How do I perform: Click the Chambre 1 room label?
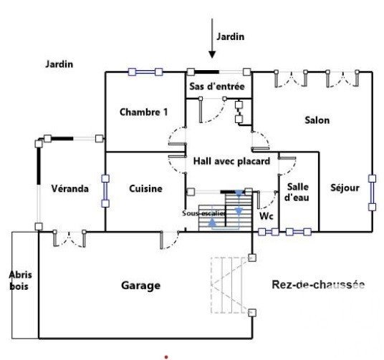pos(144,112)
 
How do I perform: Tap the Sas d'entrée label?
pos(217,87)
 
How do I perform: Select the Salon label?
pos(317,120)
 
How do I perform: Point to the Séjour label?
pos(345,188)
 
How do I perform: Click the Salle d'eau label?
pos(297,192)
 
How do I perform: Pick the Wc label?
pos(267,216)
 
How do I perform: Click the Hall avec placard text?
pos(231,161)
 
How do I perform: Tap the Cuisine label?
pos(145,188)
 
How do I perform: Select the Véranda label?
pos(70,188)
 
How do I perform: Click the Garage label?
pos(141,286)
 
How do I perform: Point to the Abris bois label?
pos(20,281)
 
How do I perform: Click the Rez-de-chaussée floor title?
pos(318,285)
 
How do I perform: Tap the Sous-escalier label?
pos(204,213)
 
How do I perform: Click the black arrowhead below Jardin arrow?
pos(212,54)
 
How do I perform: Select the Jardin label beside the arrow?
pos(231,37)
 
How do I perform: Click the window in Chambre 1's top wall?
pos(145,72)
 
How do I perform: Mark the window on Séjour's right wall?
pos(373,193)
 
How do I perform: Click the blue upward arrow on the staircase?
pos(213,222)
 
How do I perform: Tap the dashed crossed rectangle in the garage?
pos(231,285)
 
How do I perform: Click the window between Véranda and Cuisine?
pos(105,191)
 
